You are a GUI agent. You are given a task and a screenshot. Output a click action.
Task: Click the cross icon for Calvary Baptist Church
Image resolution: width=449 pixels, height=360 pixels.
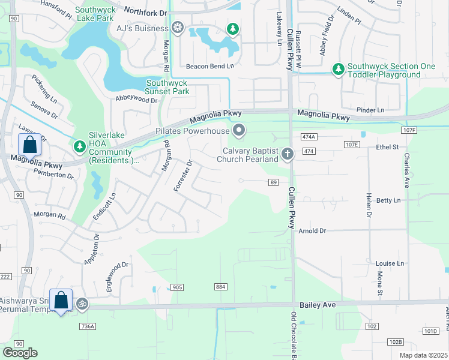point(288,155)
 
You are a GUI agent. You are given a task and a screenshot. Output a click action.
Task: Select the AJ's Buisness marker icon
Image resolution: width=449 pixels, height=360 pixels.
point(177,27)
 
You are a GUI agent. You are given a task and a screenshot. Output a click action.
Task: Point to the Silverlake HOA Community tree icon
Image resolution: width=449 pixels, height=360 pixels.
point(79,146)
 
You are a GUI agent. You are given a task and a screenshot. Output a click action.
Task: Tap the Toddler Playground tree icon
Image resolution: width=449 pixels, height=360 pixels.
point(339,70)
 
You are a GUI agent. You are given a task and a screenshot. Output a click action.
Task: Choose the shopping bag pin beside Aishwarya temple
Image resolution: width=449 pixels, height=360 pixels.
point(61,301)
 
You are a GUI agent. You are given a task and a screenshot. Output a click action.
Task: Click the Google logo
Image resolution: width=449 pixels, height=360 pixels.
point(20,352)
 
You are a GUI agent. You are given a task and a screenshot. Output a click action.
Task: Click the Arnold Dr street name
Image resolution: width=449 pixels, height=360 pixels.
point(312,230)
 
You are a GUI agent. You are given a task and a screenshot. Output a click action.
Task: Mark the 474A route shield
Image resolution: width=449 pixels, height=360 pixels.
point(309,137)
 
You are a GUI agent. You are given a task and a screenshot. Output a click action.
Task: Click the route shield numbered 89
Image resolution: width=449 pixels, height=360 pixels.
point(273,182)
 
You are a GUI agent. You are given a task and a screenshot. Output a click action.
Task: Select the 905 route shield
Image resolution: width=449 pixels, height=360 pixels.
point(176,287)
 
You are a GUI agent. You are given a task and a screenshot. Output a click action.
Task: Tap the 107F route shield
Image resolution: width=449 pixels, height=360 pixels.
point(410,130)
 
